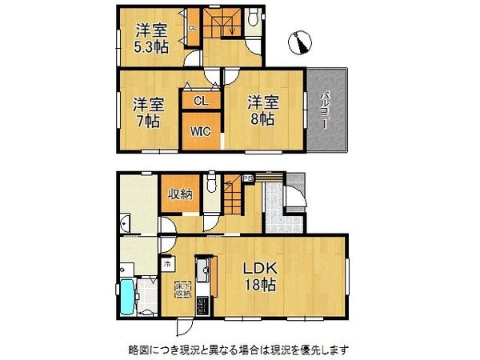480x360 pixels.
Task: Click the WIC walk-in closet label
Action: pos(199,133)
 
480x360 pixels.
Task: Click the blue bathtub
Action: pos(128,298)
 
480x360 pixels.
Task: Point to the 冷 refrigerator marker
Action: pos(167,263)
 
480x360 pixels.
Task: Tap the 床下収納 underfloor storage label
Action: pos(181,290)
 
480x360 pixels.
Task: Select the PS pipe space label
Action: pos(248,178)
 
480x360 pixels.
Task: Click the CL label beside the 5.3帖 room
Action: pos(192,30)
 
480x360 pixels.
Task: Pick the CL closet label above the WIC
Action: pos(200,101)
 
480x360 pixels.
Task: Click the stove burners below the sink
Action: pos(203,303)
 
